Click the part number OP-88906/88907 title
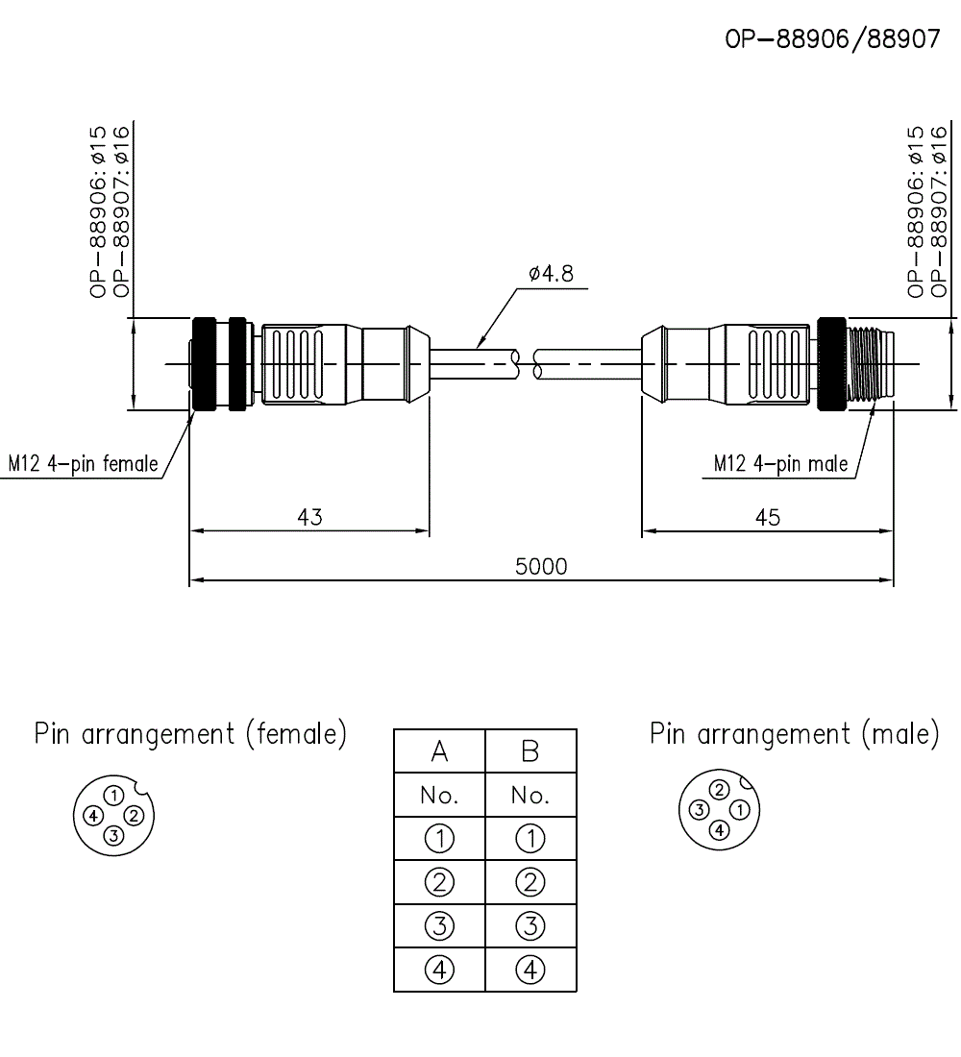tap(832, 40)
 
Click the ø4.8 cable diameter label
tap(551, 274)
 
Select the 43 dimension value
tap(309, 517)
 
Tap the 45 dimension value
tap(768, 517)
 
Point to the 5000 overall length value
tap(542, 566)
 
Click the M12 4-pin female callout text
tap(84, 463)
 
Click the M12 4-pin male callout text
tap(780, 463)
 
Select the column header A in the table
tap(439, 751)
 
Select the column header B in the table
tap(530, 751)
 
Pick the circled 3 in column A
tap(439, 926)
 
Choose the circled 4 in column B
tap(530, 970)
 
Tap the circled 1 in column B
tap(530, 839)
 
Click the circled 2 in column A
tap(439, 882)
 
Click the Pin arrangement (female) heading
tap(190, 735)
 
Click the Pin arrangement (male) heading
tap(795, 735)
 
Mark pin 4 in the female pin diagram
tap(93, 816)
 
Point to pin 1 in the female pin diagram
tap(114, 796)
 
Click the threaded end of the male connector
tap(871, 363)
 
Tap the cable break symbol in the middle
tap(527, 363)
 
